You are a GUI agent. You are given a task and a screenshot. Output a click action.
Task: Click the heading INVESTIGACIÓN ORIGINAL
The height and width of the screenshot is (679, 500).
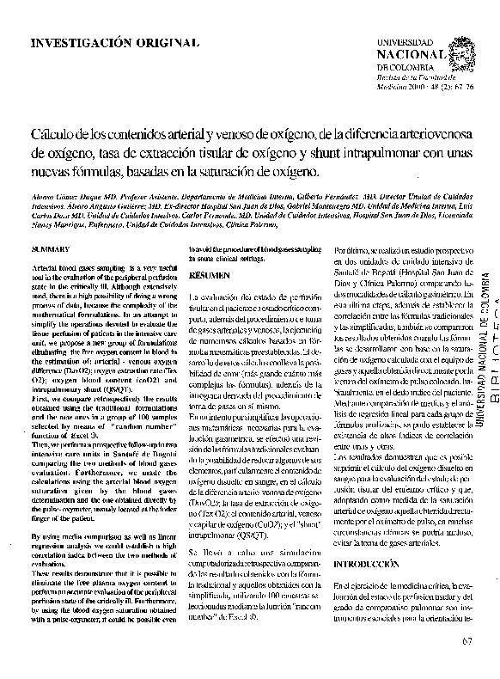(x=115, y=42)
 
